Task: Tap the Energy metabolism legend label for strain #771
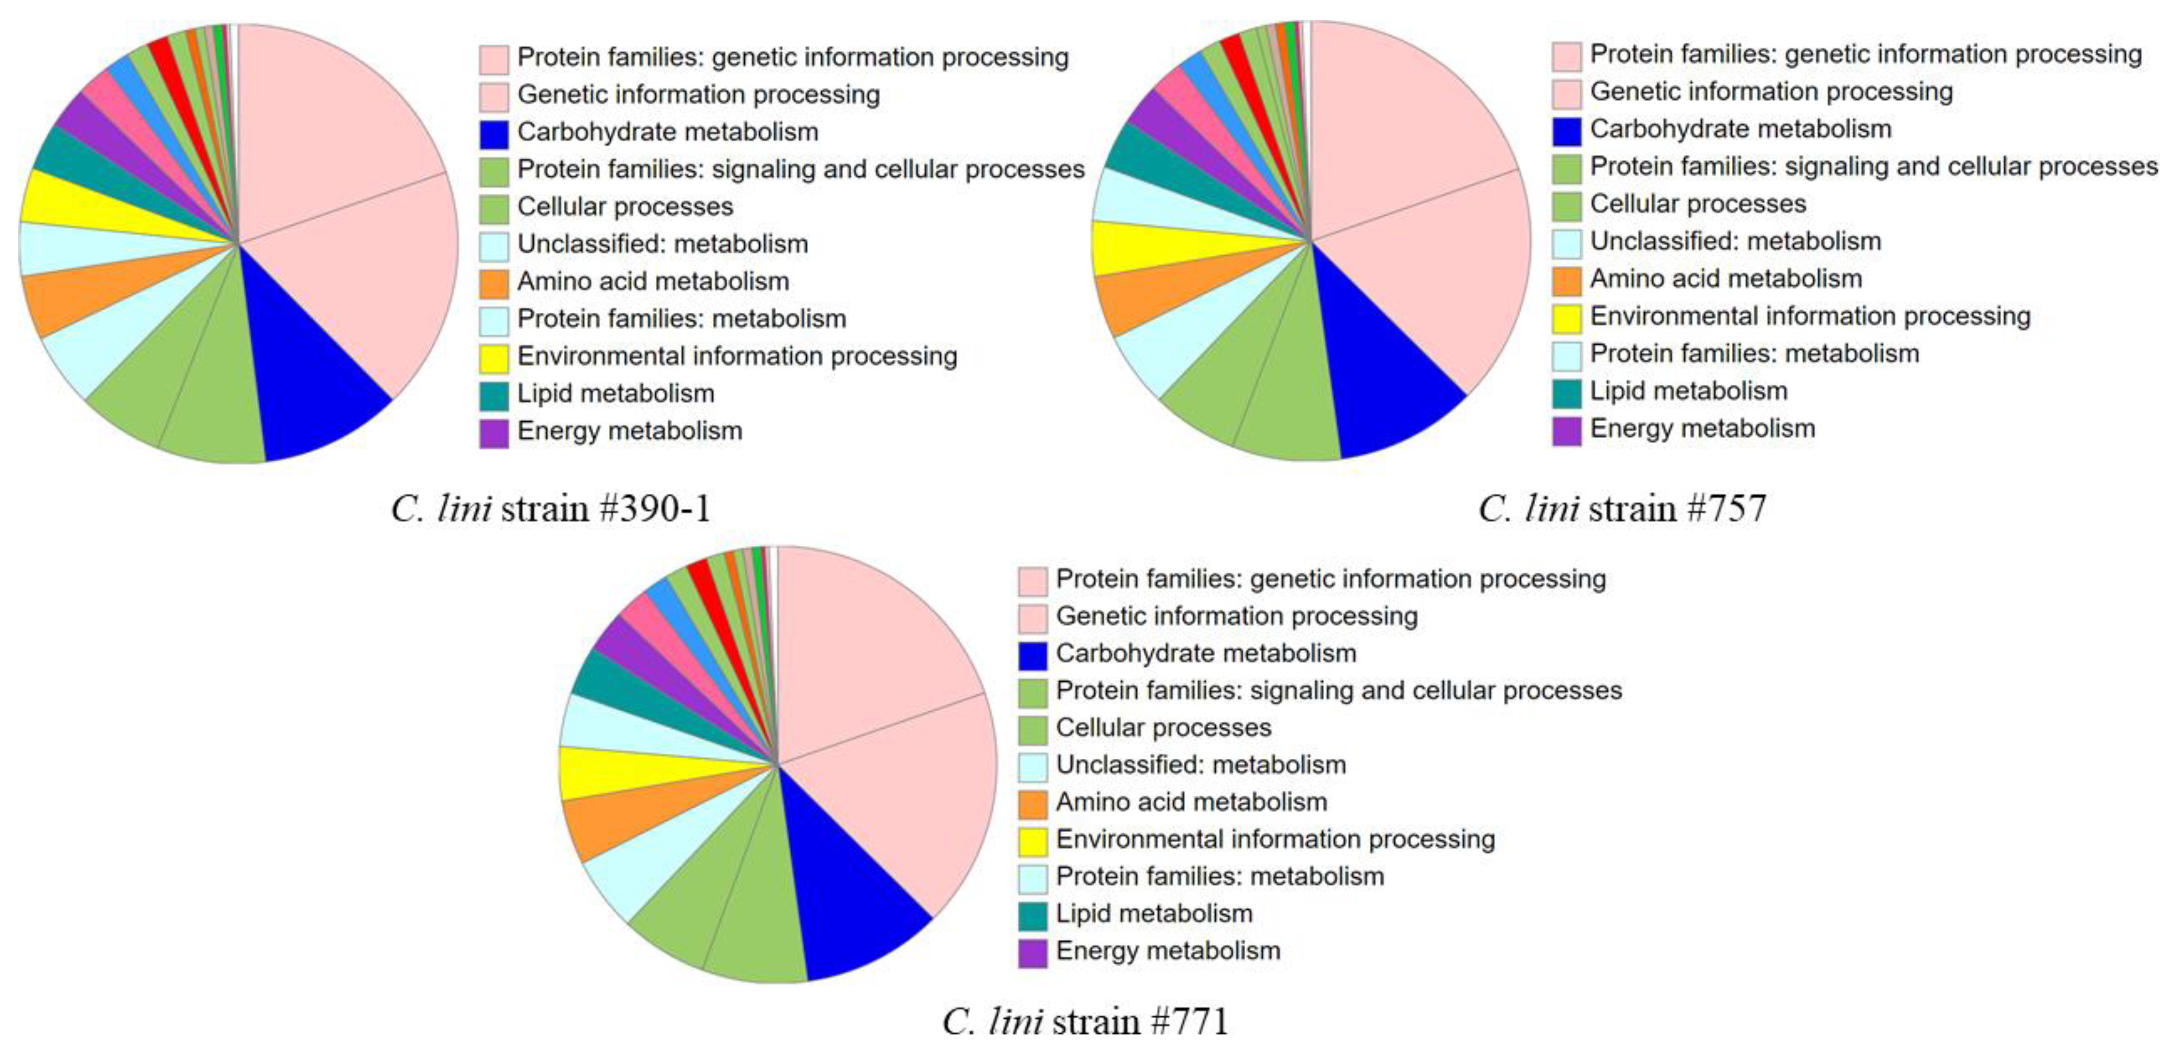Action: tap(1168, 951)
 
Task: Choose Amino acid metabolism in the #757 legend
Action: tap(1725, 278)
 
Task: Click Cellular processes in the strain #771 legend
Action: tap(1163, 728)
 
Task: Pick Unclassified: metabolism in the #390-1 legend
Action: tap(662, 244)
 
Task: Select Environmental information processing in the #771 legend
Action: tap(1275, 839)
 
